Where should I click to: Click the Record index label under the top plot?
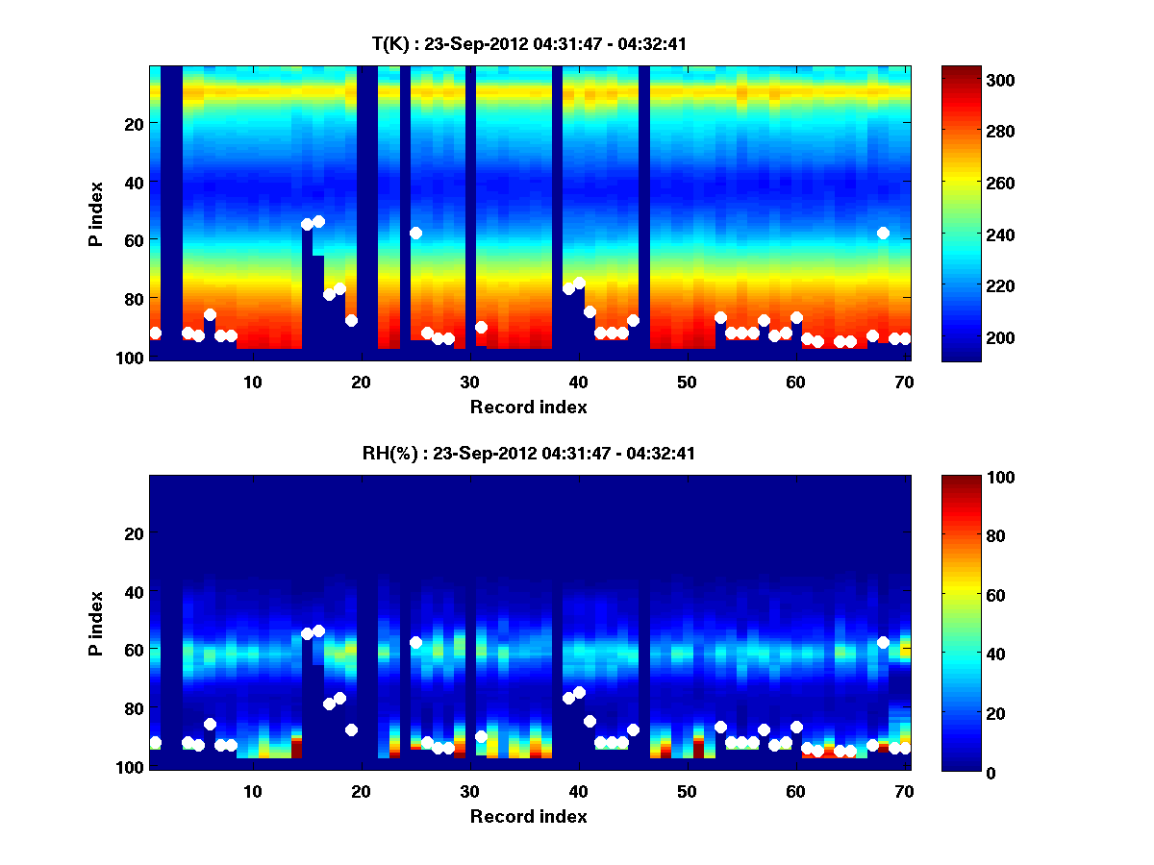(529, 407)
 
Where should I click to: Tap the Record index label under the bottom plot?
(529, 816)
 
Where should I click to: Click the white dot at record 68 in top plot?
(883, 233)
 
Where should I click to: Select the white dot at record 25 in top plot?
(415, 233)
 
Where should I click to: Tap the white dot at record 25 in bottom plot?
(415, 642)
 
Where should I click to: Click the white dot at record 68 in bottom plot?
(883, 642)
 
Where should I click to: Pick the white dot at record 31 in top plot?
(481, 327)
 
